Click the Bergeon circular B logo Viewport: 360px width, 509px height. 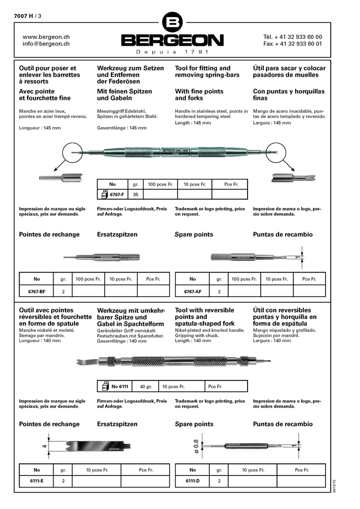point(173,22)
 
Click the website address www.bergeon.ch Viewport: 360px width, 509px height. point(46,36)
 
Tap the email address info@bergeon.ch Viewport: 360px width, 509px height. point(46,44)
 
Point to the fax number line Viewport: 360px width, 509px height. point(292,44)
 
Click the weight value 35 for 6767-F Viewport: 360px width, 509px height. point(135,195)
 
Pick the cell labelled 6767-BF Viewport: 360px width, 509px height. point(37,291)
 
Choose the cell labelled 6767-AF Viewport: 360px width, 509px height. point(193,291)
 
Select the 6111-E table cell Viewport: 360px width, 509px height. point(37,481)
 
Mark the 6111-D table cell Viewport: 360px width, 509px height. point(193,481)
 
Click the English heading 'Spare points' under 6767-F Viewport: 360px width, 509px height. point(194,235)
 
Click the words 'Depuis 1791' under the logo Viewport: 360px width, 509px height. point(173,52)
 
